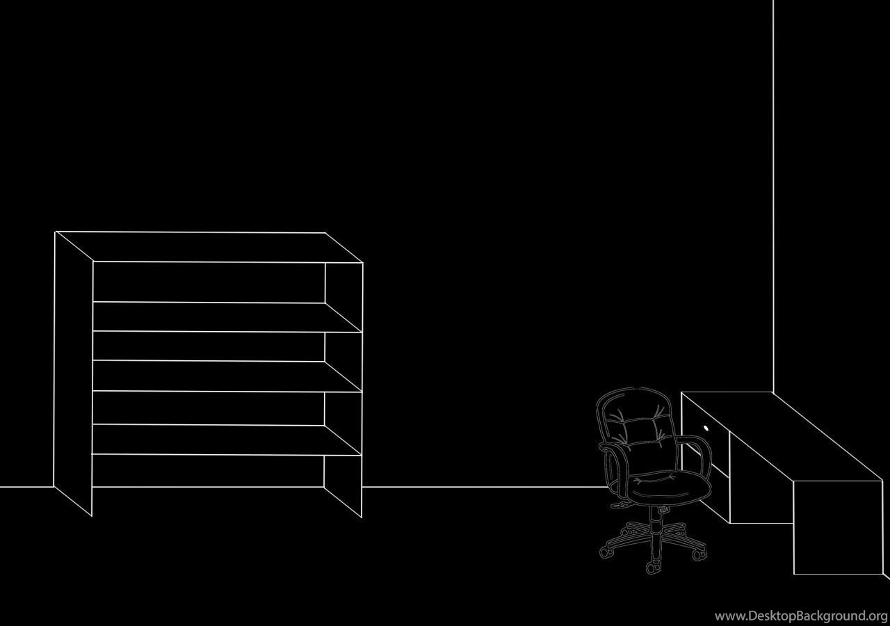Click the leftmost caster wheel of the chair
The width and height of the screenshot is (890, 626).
point(605,552)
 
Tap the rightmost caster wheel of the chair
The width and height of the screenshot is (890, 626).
point(699,555)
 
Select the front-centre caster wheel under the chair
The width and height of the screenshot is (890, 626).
point(652,568)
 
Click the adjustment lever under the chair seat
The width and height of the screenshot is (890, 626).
point(620,506)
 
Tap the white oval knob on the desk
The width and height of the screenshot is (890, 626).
point(706,428)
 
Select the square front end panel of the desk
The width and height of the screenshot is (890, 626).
point(839,527)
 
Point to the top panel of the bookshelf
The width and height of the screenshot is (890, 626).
point(209,247)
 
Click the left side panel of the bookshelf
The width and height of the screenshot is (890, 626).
point(73,374)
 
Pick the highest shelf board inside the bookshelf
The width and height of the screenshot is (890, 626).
point(227,316)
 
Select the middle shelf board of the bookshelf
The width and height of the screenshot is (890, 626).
point(227,376)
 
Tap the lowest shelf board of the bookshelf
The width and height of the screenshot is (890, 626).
point(227,440)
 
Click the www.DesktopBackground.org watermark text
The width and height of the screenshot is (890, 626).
point(801,616)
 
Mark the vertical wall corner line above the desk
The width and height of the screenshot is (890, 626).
point(773,196)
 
